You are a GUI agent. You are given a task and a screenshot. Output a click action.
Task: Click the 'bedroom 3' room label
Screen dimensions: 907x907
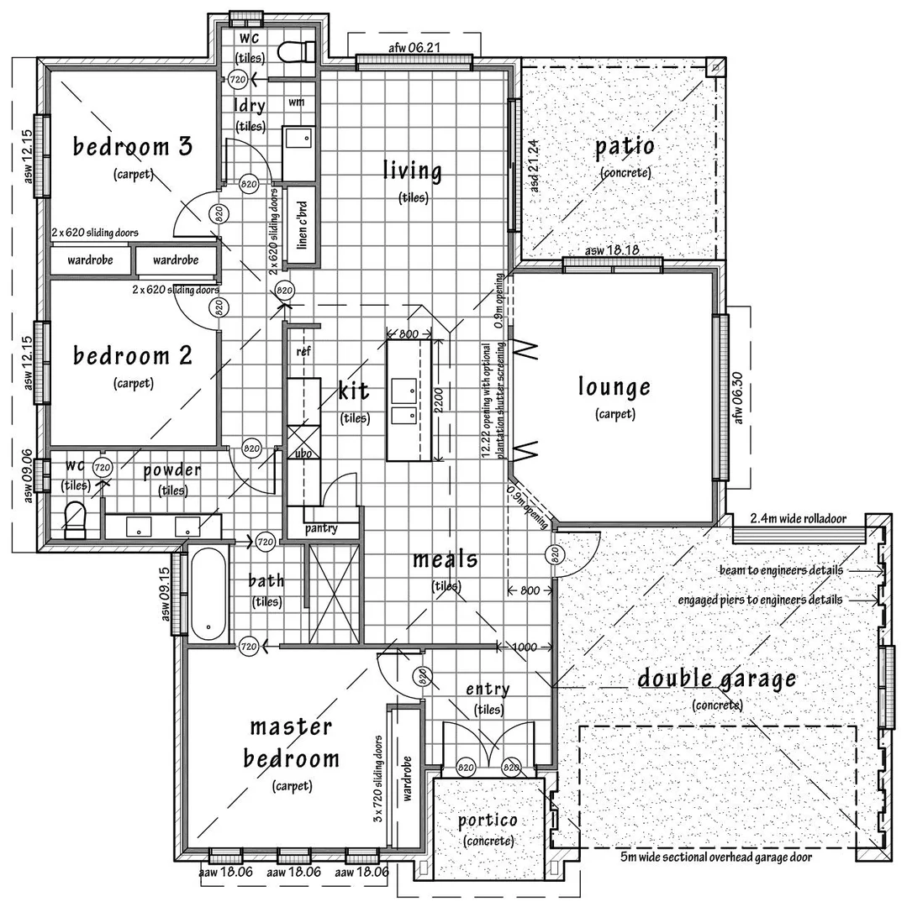[x=133, y=147]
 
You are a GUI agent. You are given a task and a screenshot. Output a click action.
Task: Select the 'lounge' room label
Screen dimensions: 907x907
[x=614, y=387]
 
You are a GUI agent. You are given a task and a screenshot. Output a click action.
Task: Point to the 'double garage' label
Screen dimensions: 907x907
[x=716, y=679]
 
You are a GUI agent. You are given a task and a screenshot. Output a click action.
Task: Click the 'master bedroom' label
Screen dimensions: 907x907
[x=292, y=742]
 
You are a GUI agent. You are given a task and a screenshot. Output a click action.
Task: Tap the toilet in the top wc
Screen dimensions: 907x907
[x=297, y=51]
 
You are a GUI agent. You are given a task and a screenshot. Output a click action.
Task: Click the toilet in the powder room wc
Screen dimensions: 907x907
[x=75, y=519]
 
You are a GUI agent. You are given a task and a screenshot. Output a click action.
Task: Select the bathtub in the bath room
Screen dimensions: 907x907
[x=207, y=592]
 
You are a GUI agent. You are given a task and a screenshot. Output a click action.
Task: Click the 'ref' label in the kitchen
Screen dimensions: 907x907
[x=303, y=352]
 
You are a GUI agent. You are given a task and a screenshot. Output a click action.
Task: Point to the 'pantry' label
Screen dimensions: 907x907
[x=321, y=528]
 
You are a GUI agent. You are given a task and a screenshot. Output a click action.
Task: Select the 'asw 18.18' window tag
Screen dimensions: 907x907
[x=612, y=250]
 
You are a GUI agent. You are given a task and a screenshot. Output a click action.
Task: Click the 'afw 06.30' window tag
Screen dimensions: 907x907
[x=739, y=396]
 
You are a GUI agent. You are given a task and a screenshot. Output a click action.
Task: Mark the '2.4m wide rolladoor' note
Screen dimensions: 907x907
[x=798, y=518]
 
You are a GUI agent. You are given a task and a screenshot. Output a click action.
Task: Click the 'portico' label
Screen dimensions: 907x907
[x=488, y=820]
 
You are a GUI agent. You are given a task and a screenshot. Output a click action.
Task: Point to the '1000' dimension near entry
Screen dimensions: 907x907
[x=525, y=647]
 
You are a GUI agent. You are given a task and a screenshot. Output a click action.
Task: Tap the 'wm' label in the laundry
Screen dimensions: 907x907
[x=296, y=102]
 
